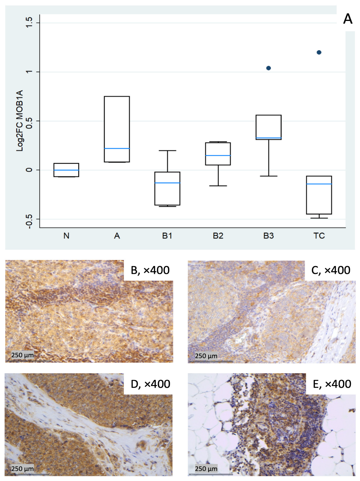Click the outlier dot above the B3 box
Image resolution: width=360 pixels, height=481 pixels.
point(268,68)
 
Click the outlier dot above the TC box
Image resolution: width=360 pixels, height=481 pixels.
point(319,52)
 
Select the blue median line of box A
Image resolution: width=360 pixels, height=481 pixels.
point(117,148)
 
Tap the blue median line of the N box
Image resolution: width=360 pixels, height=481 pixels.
point(66,170)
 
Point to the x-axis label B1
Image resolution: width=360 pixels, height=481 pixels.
point(167,236)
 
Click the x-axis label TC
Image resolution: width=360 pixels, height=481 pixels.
point(319,236)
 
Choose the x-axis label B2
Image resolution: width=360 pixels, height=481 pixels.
point(218,236)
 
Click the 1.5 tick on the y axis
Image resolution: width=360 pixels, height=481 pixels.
point(29,23)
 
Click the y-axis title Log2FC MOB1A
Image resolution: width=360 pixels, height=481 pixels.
point(20,120)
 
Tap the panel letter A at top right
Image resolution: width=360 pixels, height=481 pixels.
point(347,19)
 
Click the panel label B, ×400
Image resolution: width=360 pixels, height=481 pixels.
point(150,270)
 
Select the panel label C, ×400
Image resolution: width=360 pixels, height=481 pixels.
point(330,270)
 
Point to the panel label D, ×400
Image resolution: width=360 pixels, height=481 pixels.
point(150,384)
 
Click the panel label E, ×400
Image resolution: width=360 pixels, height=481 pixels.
point(331,384)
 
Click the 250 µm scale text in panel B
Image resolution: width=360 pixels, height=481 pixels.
point(22,355)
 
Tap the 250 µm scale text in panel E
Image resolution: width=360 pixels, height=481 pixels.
point(206,469)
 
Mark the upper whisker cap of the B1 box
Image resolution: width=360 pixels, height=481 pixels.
point(167,151)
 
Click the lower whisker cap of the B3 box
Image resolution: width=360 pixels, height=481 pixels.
point(268,176)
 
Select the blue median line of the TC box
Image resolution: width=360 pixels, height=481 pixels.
point(319,184)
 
